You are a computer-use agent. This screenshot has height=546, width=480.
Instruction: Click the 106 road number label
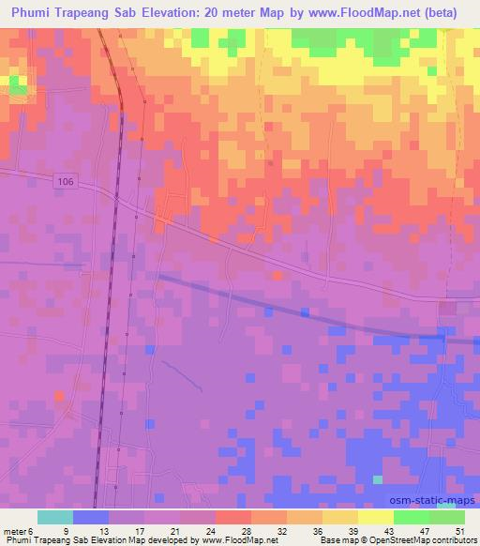[63, 181]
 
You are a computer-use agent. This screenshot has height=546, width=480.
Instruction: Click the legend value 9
[65, 530]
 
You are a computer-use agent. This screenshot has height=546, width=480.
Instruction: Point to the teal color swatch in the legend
[56, 517]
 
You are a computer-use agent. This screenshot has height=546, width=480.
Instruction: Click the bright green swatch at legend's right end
[447, 517]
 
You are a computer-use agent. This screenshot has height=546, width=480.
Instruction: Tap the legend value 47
[426, 530]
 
